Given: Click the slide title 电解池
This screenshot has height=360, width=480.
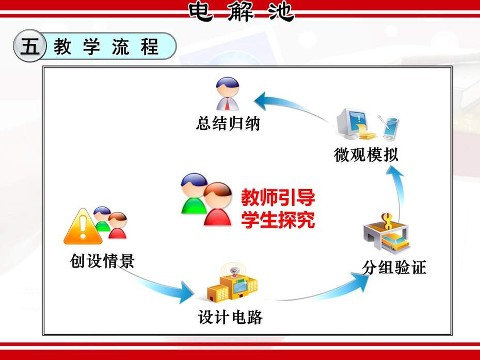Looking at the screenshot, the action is tap(241, 12).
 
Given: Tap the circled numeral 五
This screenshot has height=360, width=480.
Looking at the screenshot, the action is tap(30, 46).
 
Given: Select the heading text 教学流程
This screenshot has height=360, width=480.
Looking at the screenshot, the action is tap(106, 46).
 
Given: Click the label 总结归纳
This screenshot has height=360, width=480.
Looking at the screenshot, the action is tap(228, 123).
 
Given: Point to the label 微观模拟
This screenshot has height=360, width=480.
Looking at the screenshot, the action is tap(366, 154).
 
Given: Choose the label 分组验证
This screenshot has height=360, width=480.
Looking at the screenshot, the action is tap(394, 267).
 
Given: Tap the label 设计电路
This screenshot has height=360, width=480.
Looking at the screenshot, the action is tap(230, 317).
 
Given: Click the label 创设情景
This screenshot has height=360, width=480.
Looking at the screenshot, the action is tap(102, 261).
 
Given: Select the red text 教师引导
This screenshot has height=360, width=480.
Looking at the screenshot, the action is tap(278, 198).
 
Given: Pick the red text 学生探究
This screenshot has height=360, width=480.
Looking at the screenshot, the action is tap(278, 220).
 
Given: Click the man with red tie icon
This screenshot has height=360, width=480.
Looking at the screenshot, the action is tap(228, 94).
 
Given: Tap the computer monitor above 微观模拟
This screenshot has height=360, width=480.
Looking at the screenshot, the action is tap(349, 122).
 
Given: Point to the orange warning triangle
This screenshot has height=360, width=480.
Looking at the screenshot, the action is tap(83, 227).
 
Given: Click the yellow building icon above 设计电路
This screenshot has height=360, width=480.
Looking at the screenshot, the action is tap(232, 284).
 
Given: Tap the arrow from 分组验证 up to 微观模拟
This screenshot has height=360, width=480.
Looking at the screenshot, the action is tap(398, 191).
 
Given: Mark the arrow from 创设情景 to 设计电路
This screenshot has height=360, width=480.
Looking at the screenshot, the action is tap(159, 286).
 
